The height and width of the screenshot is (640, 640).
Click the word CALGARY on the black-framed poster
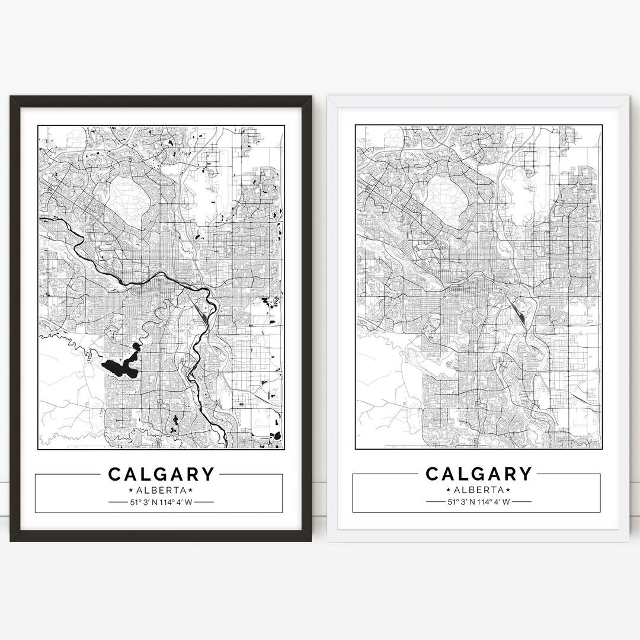pos(161,474)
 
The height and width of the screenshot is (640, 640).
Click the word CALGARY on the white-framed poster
pos(478,474)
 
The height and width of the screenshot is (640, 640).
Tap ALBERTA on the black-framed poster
pos(161,490)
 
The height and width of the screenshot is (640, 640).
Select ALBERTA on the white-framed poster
pos(478,490)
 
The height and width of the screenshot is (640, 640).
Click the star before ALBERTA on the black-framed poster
pos(130,491)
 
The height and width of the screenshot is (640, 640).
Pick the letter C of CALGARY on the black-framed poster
pos(116,474)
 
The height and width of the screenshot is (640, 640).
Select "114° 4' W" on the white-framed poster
pos(494,503)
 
